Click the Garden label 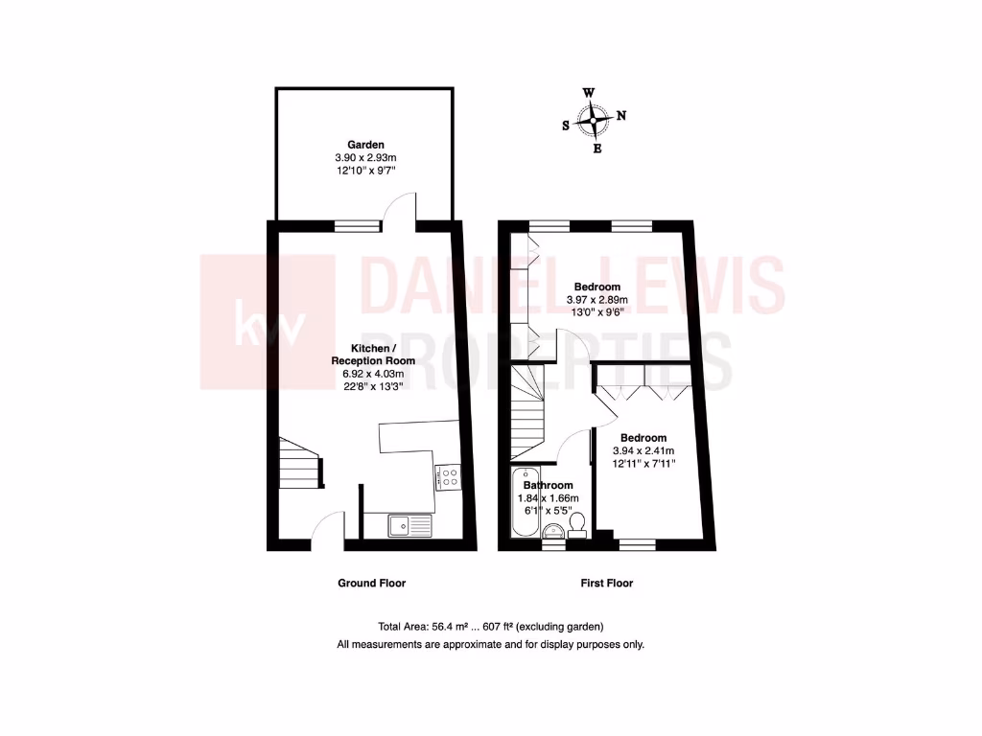pos(365,145)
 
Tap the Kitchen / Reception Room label pos(368,354)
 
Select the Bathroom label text pos(549,486)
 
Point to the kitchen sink pos(410,525)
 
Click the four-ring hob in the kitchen pos(449,476)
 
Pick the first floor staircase pos(526,410)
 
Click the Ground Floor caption pos(371,583)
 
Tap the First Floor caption pos(606,583)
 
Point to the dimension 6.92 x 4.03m pos(368,374)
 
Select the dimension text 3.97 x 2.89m pos(596,299)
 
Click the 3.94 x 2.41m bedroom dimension pos(643,450)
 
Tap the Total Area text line pos(491,626)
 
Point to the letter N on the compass pos(621,116)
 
